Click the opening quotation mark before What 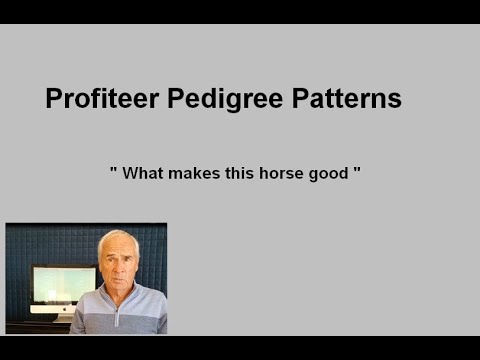[114, 170]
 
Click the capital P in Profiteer [54, 99]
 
